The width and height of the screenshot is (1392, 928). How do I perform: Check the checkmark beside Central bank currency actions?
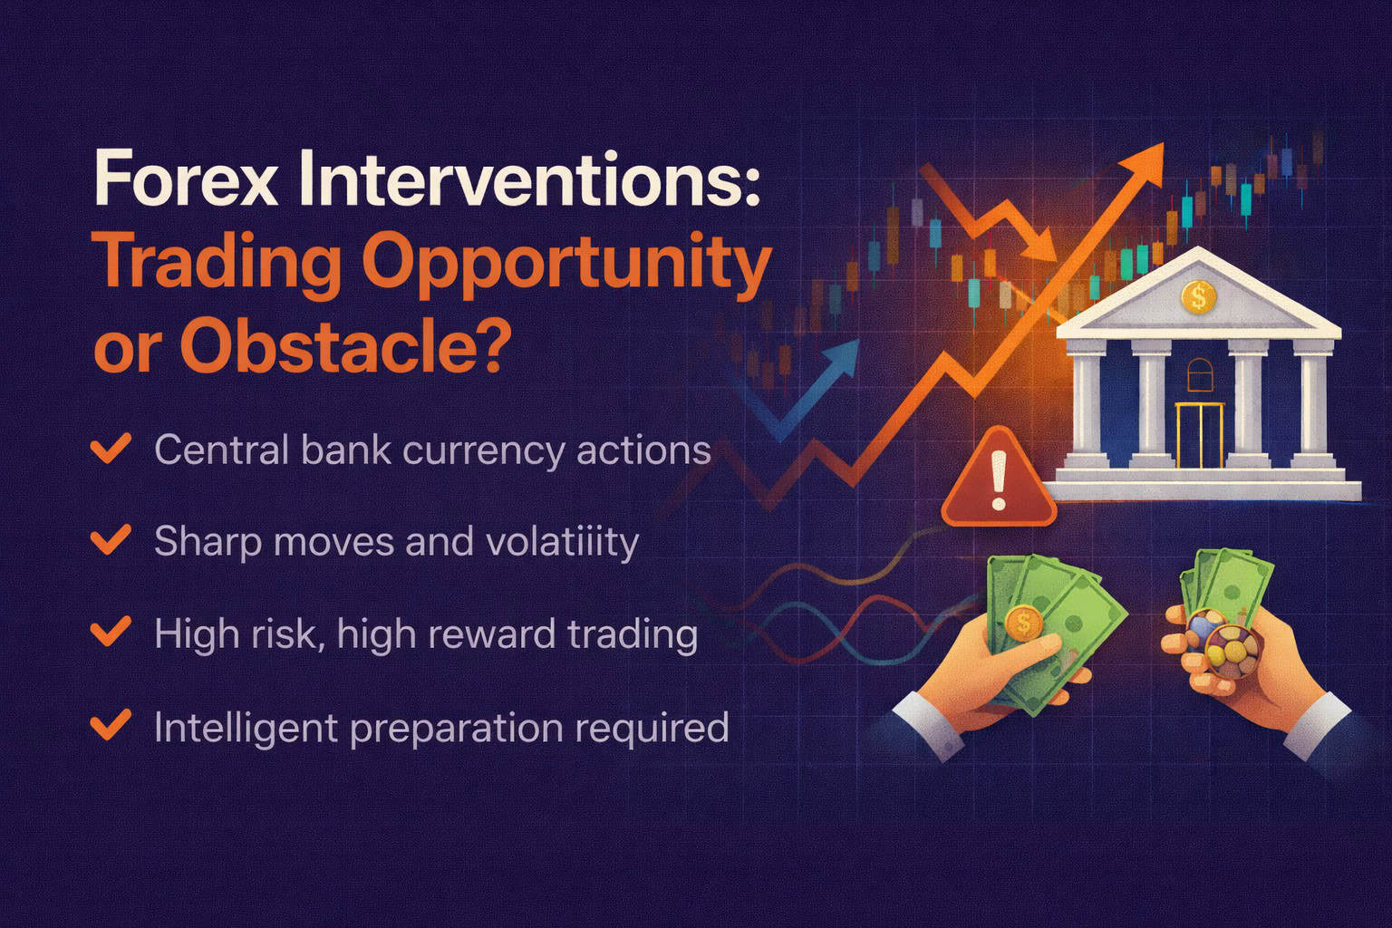pyautogui.click(x=111, y=449)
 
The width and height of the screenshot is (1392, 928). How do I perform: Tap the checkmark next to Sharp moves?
pyautogui.click(x=111, y=540)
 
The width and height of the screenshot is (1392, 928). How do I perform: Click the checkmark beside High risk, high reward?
pyautogui.click(x=111, y=632)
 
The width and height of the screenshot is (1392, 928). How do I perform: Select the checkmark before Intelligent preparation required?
pyautogui.click(x=111, y=726)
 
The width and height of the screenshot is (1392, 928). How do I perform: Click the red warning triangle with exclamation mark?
pyautogui.click(x=999, y=480)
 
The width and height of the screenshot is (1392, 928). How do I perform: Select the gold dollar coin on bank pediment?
pyautogui.click(x=1199, y=296)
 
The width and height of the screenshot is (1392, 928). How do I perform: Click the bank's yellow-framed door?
pyautogui.click(x=1199, y=435)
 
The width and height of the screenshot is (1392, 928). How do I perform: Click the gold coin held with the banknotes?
pyautogui.click(x=1025, y=623)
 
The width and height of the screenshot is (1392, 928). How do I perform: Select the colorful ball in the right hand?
pyautogui.click(x=1228, y=643)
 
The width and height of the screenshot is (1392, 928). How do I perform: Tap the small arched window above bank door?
pyautogui.click(x=1198, y=372)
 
